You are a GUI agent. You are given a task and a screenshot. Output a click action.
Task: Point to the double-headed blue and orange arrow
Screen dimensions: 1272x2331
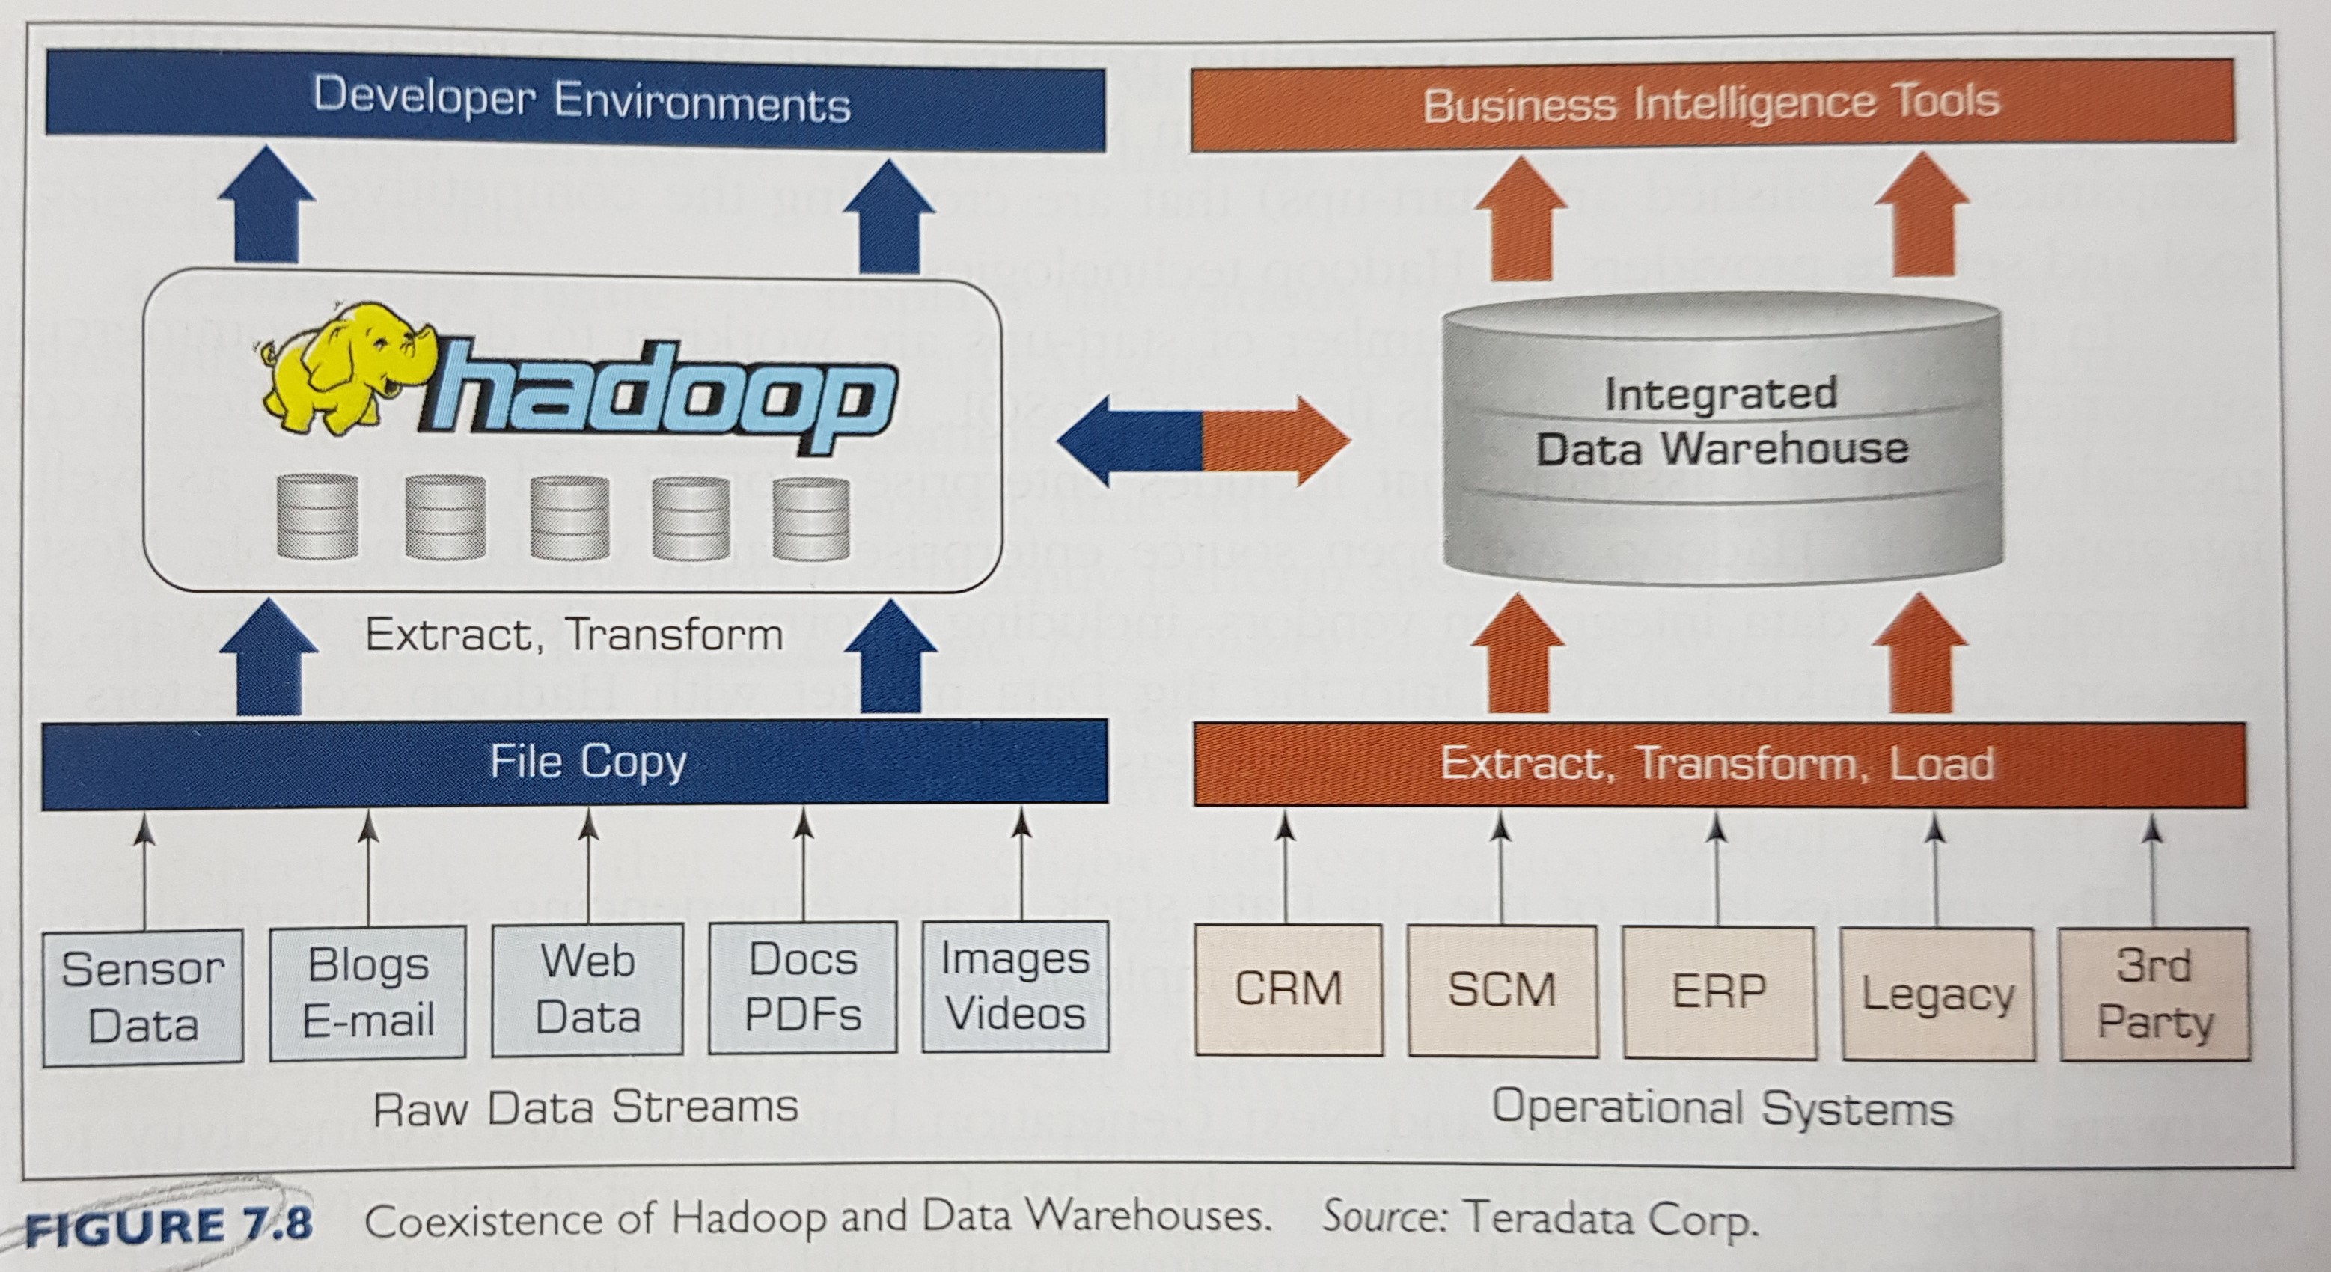click(1203, 442)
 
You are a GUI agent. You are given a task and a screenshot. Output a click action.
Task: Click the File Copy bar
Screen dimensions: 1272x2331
click(575, 762)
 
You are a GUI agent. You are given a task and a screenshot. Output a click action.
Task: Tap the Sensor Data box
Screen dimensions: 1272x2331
click(143, 997)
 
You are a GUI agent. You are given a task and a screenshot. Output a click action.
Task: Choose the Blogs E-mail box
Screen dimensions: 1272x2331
click(368, 992)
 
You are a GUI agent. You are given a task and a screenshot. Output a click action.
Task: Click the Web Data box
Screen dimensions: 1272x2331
click(587, 989)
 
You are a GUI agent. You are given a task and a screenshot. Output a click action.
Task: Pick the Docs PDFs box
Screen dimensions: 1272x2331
click(804, 987)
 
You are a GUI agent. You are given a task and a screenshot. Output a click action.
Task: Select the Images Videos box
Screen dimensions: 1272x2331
click(1015, 986)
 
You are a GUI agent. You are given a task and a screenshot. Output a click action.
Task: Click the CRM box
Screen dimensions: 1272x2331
click(1289, 990)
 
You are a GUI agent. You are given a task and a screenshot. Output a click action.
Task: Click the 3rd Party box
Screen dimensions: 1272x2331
click(2154, 994)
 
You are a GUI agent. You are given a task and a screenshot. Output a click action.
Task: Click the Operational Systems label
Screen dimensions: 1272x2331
click(1722, 1108)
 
